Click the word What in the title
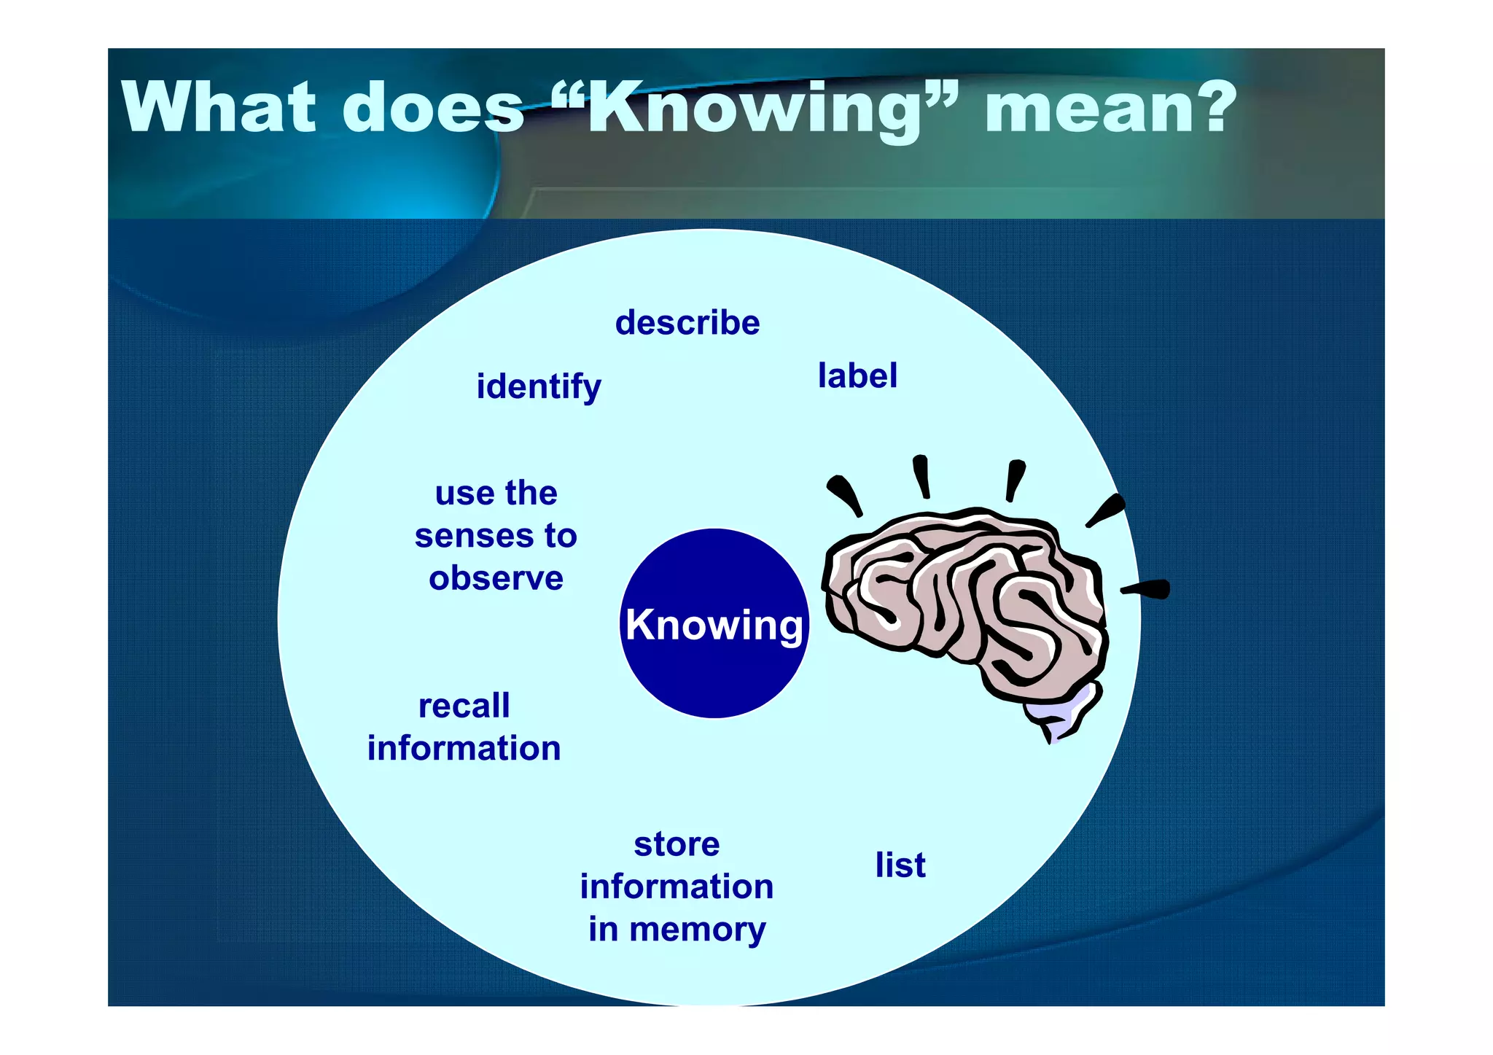pos(219,108)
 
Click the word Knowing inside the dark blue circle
pos(714,625)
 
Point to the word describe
pos(687,323)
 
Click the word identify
pos(539,386)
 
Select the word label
pos(857,376)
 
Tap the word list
pos(900,865)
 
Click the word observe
pos(496,578)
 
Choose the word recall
pos(464,706)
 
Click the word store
pos(677,844)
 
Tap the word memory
pos(697,930)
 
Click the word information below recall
pos(464,749)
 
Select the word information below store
pos(677,887)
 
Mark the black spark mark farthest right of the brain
pos(1148,588)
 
